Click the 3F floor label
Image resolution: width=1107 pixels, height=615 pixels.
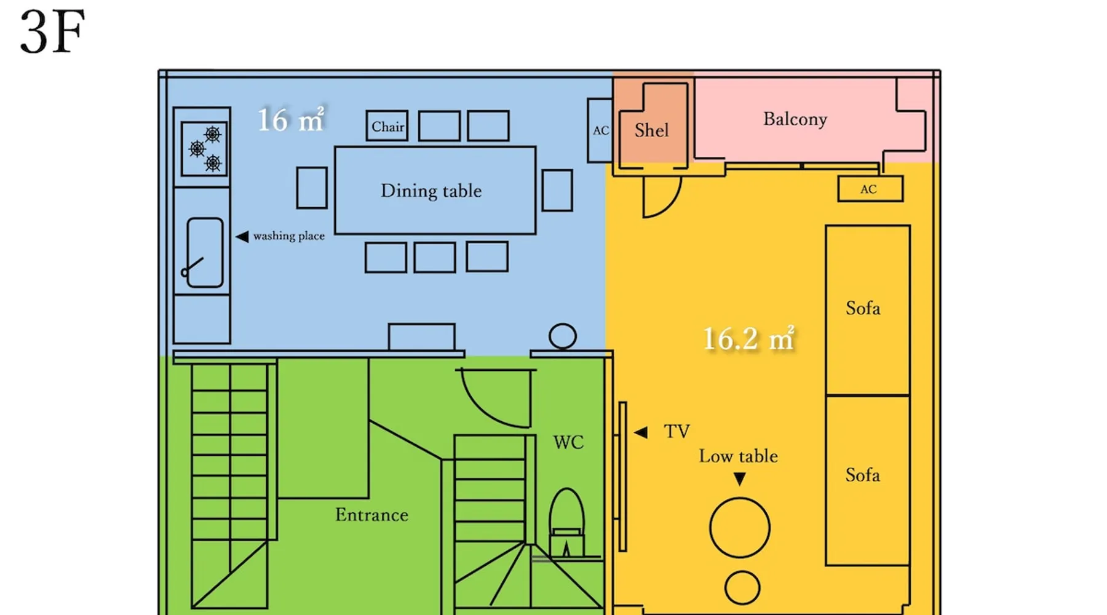click(52, 32)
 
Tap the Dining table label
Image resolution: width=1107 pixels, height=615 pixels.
click(431, 191)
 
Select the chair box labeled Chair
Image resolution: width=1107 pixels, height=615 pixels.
click(387, 126)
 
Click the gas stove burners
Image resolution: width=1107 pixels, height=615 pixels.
click(204, 149)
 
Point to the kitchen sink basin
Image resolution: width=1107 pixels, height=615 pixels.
click(205, 252)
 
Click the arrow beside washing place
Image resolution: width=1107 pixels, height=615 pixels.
click(242, 236)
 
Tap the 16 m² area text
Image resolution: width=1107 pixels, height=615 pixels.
click(290, 119)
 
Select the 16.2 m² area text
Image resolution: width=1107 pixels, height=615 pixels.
click(748, 338)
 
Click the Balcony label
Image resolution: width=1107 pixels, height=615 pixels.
click(795, 119)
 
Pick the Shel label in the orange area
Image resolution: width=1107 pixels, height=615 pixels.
click(651, 130)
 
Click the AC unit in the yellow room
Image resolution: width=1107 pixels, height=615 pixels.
click(870, 189)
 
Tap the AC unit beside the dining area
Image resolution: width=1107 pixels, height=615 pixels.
click(600, 130)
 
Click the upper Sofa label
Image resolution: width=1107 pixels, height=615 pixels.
click(863, 308)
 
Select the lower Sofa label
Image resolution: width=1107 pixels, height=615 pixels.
click(863, 475)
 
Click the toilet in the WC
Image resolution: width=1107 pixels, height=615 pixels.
click(566, 523)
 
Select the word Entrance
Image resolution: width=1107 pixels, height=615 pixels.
click(371, 515)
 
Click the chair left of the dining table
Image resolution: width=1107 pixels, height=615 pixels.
click(312, 188)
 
